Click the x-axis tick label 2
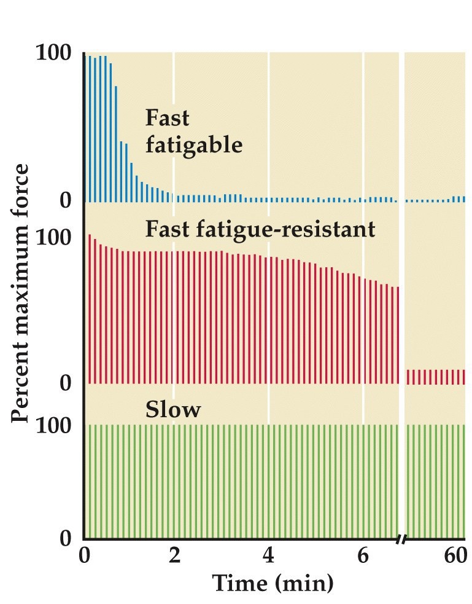pos(174,556)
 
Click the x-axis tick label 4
pos(269,556)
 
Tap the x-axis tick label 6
pos(363,556)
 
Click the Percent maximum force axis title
pos(21,293)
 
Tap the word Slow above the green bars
pos(173,410)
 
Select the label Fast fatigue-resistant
pos(260,229)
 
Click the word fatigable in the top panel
pos(194,146)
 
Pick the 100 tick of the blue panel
pos(56,53)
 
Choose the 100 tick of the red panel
pos(56,237)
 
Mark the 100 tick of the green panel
pos(56,425)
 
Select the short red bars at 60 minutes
pos(436,377)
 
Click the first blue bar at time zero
pos(90,128)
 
